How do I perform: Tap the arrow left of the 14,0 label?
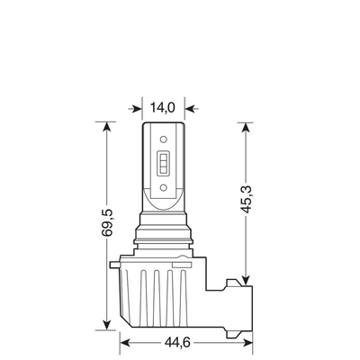tap(136, 107)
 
